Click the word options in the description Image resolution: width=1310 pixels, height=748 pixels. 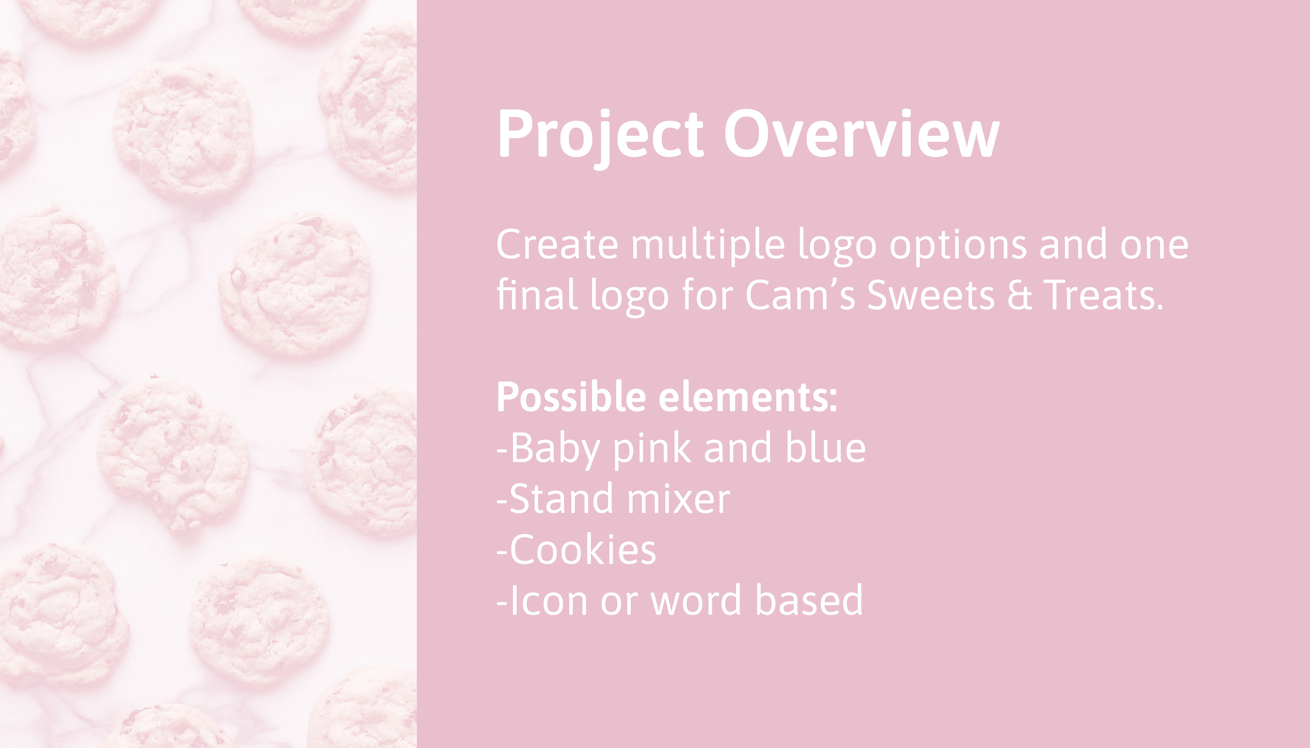pyautogui.click(x=958, y=246)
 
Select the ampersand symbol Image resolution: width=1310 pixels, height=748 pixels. pyautogui.click(x=1019, y=295)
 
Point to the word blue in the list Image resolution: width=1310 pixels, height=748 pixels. pyautogui.click(x=825, y=446)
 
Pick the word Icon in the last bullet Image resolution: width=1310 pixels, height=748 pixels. pyautogui.click(x=548, y=600)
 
